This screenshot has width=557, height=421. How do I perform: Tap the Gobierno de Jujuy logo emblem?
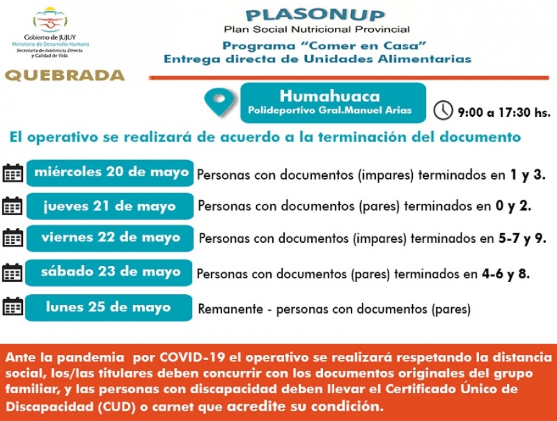click(50, 20)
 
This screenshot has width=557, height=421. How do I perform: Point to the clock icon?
click(443, 111)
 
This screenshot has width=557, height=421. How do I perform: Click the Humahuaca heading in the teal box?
click(330, 96)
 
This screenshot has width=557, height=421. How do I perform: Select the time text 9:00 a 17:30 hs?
click(504, 113)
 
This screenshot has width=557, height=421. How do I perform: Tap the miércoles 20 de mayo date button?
click(111, 172)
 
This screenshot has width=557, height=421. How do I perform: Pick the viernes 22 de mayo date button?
click(111, 237)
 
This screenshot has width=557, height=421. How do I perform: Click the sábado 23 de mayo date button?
click(111, 272)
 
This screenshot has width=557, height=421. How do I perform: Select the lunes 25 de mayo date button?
click(108, 307)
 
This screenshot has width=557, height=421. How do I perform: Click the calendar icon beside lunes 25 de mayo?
click(13, 307)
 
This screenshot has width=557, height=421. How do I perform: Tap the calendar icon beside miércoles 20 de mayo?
click(13, 173)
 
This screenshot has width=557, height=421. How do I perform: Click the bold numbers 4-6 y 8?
click(506, 273)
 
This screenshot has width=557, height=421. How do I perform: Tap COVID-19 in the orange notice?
click(189, 358)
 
